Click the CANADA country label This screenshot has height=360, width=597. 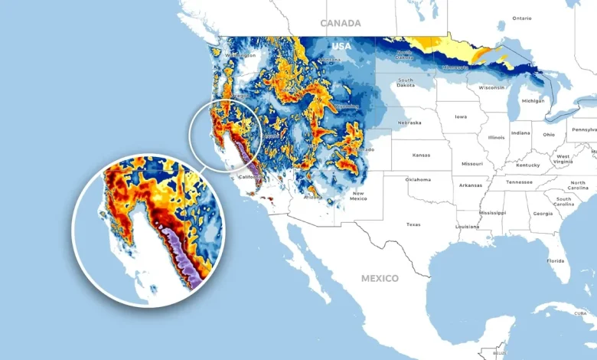(341, 23)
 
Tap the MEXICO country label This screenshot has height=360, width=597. (380, 278)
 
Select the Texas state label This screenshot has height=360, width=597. (413, 224)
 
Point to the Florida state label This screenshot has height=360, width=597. (555, 260)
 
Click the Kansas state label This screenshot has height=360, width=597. (421, 155)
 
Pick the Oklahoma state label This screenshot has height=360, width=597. (419, 179)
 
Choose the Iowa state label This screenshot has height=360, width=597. (461, 117)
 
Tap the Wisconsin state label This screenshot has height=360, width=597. (491, 87)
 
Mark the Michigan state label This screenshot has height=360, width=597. (533, 100)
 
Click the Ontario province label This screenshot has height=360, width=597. (522, 18)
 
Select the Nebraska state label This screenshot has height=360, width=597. (409, 123)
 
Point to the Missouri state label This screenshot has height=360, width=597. (472, 163)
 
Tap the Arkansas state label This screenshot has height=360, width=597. (471, 185)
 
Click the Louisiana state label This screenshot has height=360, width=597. (467, 227)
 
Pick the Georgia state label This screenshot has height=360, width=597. (543, 214)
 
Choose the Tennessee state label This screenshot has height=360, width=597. (519, 182)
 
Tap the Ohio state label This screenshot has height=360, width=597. (549, 134)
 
